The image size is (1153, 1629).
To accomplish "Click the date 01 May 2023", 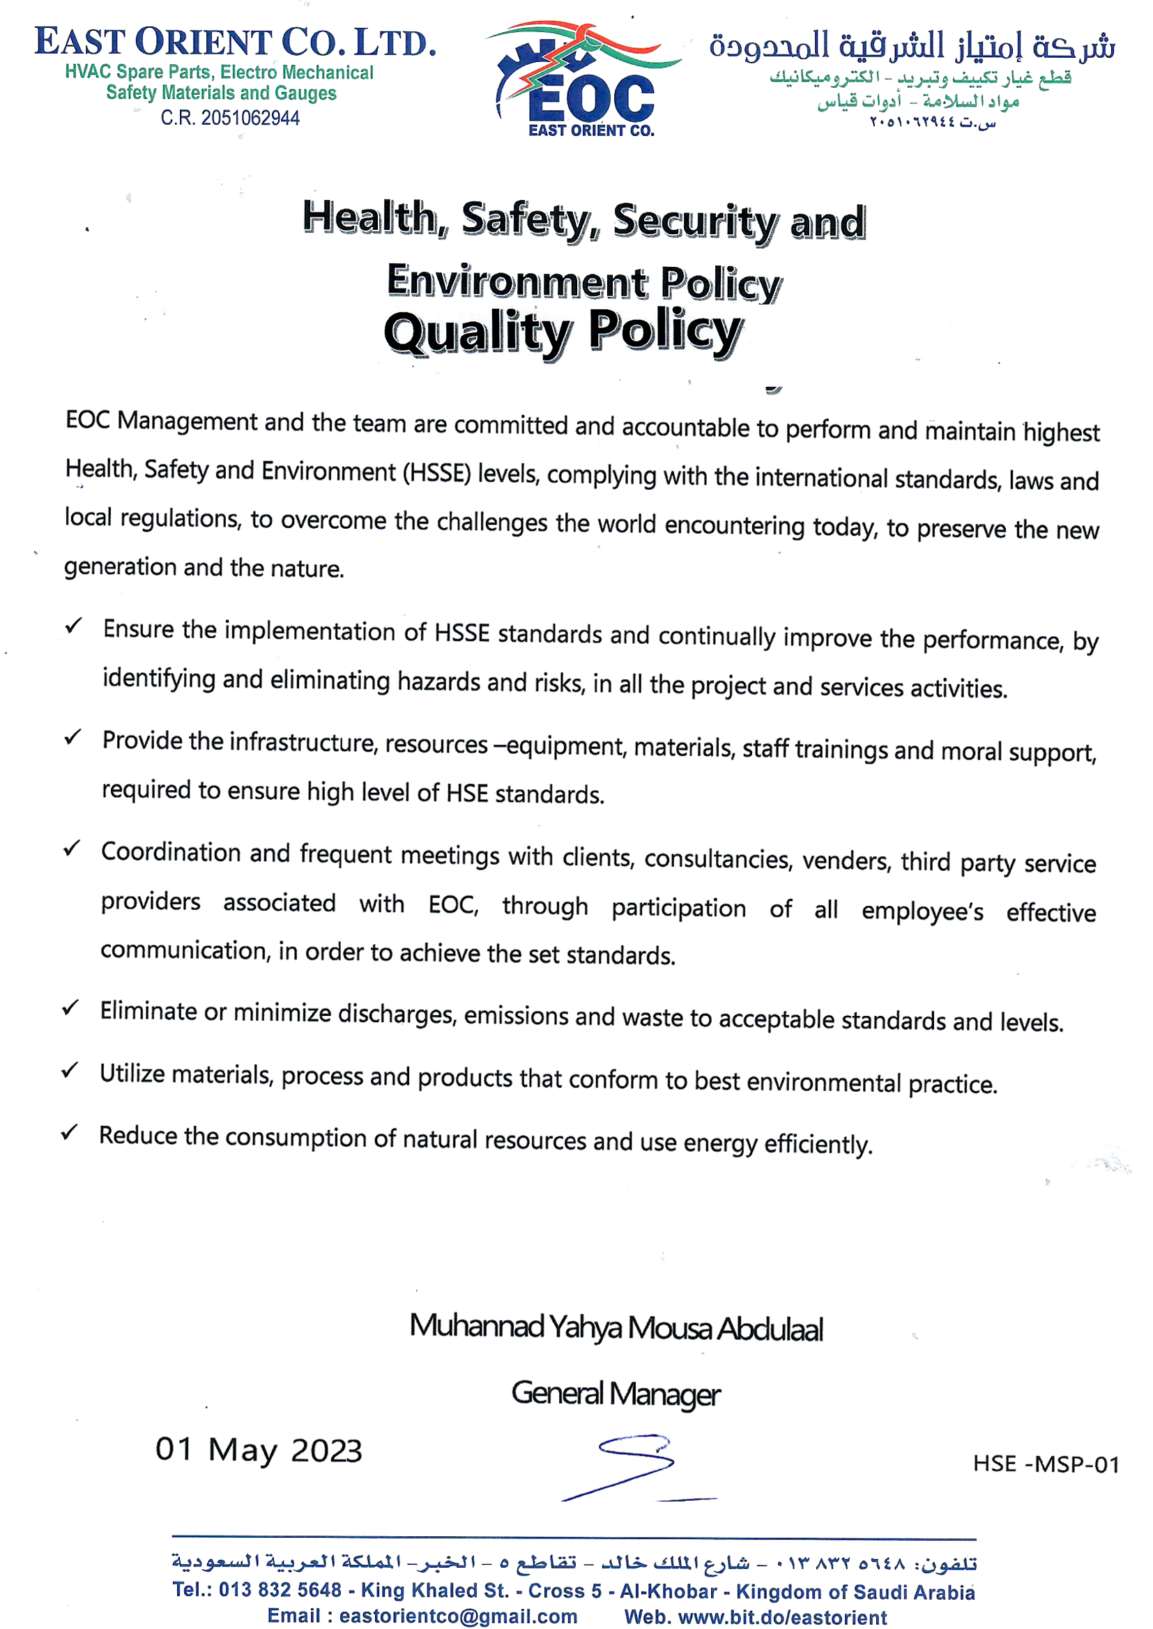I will tap(259, 1450).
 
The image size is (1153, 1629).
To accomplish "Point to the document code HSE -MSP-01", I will tap(1045, 1464).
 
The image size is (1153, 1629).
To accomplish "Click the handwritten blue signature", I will tap(636, 1467).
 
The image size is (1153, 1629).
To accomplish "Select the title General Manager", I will tap(616, 1394).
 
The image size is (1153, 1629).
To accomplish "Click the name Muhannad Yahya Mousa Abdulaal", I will tap(616, 1327).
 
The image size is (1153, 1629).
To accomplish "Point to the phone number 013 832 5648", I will tap(280, 1590).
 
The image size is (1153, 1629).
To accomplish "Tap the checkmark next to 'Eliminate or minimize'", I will tap(70, 1007).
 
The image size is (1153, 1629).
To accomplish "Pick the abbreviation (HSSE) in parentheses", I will tap(436, 472).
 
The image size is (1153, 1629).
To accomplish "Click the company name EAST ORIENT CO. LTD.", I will tap(235, 42).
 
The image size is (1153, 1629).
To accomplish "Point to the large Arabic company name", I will tap(912, 46).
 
